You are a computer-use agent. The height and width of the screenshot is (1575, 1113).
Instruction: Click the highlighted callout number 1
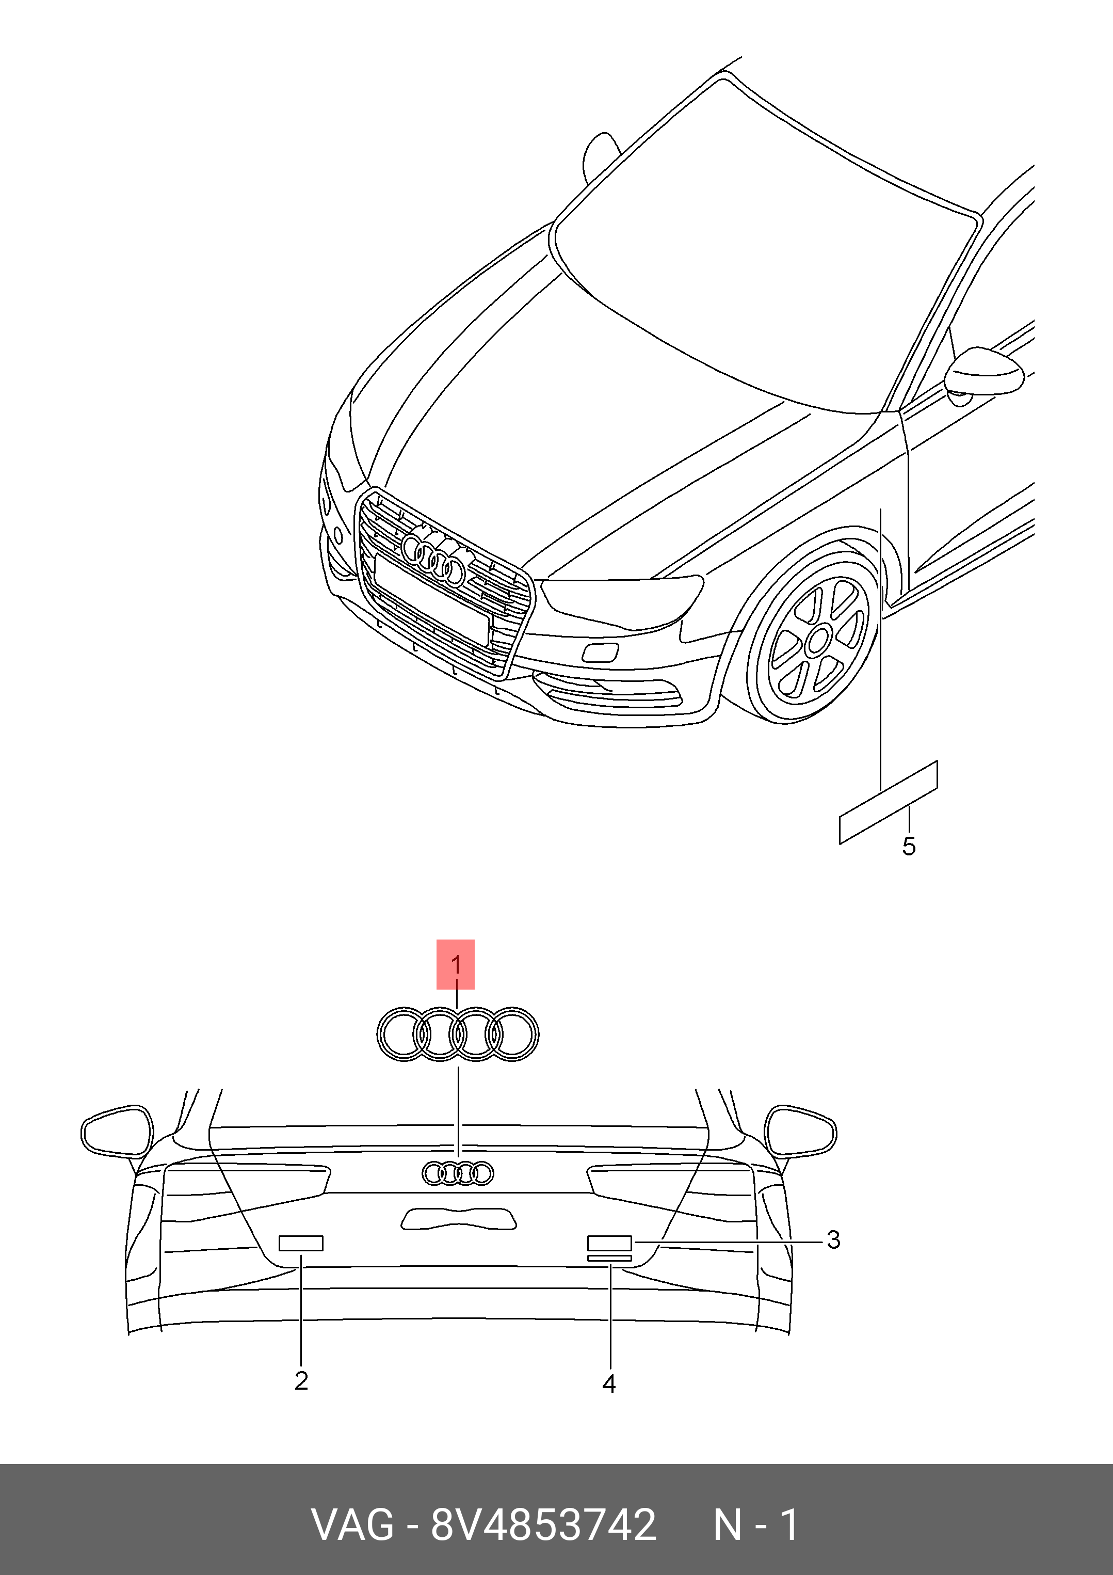coord(455,965)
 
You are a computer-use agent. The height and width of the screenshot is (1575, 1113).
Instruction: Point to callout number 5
coord(909,847)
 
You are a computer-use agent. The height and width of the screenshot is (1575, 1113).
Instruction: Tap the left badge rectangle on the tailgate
coord(301,1243)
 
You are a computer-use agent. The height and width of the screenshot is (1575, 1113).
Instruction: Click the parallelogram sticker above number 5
coord(889,802)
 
